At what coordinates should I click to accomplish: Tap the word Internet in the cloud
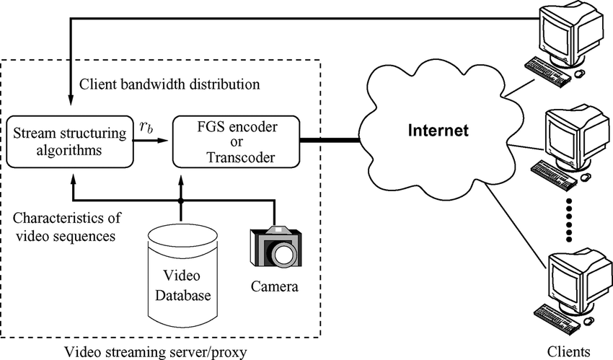point(438,131)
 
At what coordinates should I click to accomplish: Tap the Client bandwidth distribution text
point(170,84)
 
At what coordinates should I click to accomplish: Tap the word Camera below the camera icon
point(274,287)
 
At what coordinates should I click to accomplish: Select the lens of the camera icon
point(281,253)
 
